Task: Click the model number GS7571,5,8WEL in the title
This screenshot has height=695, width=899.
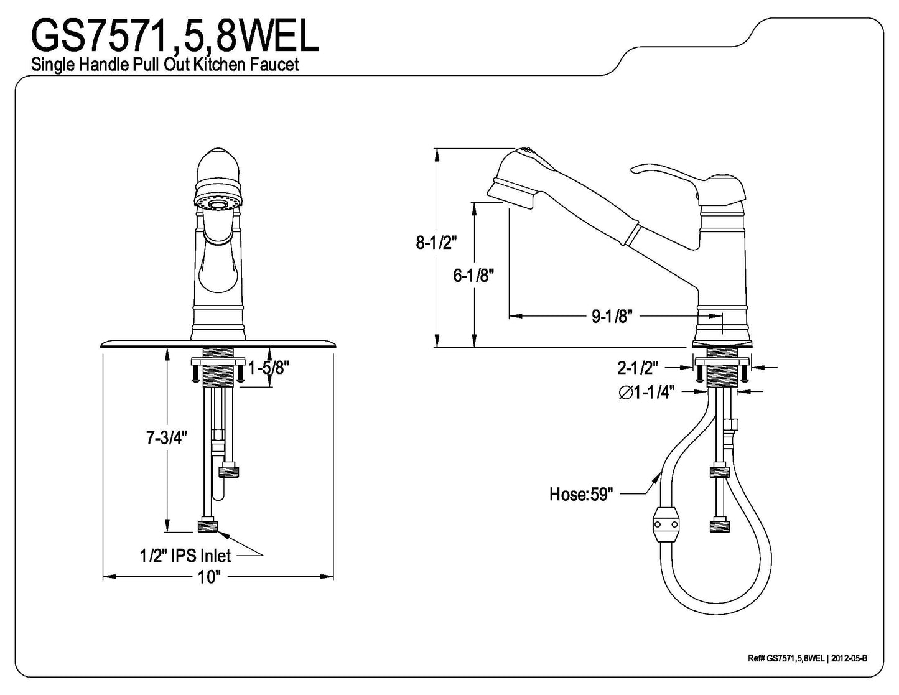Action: pos(175,35)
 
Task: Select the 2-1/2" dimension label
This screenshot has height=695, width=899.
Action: pos(637,368)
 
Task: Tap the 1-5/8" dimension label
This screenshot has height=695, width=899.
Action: pos(269,369)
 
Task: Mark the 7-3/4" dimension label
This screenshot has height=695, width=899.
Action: pos(166,438)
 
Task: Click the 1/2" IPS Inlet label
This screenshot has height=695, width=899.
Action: pos(185,555)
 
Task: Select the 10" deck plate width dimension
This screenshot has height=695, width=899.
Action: pos(209,577)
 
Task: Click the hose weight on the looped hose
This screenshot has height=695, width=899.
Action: pos(665,526)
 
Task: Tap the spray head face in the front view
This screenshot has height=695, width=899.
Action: pos(218,203)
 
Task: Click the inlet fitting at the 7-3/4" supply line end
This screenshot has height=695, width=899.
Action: pos(208,526)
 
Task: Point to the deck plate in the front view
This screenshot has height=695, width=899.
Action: pos(218,344)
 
